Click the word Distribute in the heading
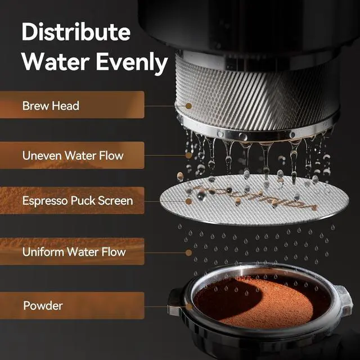click(x=76, y=31)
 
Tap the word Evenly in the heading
click(x=132, y=62)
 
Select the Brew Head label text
click(x=51, y=106)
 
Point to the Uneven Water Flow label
click(x=73, y=156)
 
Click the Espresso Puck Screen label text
click(x=78, y=201)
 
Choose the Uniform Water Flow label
click(x=74, y=252)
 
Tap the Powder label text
click(x=43, y=305)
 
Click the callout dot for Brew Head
click(x=189, y=106)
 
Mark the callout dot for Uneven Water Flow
click(x=189, y=155)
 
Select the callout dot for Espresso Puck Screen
click(x=189, y=201)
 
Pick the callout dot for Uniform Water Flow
click(x=189, y=253)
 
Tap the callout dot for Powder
click(x=189, y=307)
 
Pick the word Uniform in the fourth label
click(x=43, y=252)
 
